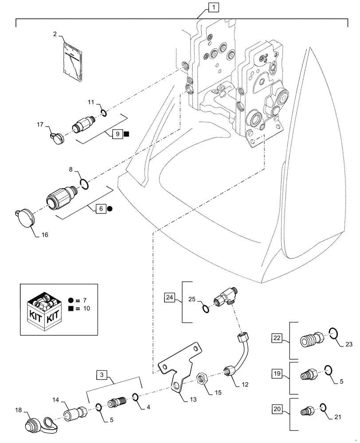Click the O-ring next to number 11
point(103,113)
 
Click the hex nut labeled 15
point(203,378)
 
